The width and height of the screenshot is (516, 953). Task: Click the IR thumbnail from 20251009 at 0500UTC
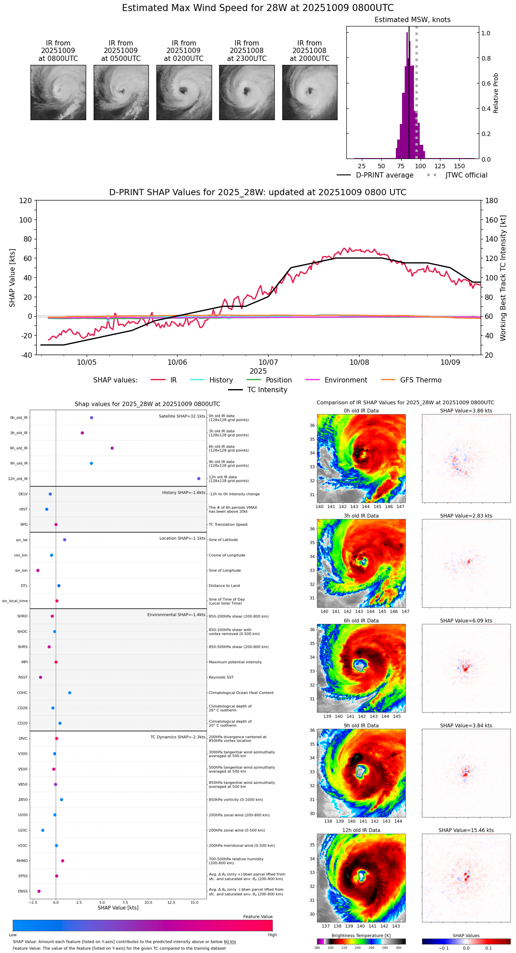point(121,92)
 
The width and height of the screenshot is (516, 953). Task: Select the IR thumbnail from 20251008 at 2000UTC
point(310,92)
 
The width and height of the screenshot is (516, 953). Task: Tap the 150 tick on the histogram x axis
point(459,166)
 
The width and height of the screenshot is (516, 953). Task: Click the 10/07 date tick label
point(268,363)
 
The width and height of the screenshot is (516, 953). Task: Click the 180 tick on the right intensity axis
point(491,201)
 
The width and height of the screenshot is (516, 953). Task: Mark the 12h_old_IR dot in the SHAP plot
point(199,479)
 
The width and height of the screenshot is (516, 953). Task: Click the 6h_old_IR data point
point(112,448)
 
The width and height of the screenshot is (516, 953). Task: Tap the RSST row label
point(23,677)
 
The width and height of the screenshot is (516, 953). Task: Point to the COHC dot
point(70,693)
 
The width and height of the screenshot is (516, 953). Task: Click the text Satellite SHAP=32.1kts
point(182,416)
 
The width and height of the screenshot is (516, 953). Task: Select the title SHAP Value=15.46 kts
point(466,830)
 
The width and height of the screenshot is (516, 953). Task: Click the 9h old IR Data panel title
point(361,726)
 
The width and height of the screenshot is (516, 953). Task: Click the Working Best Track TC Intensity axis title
point(503,278)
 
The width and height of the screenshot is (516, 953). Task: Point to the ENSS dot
point(39,891)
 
